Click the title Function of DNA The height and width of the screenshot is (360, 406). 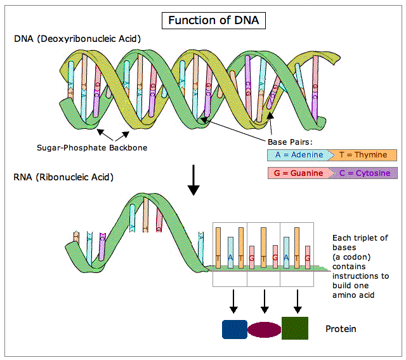tap(213, 20)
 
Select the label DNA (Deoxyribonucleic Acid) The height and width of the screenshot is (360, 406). tap(77, 39)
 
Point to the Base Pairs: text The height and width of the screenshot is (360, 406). tap(292, 142)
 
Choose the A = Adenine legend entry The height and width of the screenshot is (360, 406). tap(297, 154)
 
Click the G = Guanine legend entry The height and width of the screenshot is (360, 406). tap(297, 173)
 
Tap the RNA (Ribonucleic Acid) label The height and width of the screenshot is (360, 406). tap(63, 177)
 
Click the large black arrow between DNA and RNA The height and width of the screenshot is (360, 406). tap(195, 183)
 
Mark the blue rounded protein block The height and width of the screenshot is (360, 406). tap(233, 329)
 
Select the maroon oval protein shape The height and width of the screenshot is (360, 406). tap(264, 329)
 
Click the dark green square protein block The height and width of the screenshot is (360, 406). tap(294, 328)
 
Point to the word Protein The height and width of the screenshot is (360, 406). tap(341, 329)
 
